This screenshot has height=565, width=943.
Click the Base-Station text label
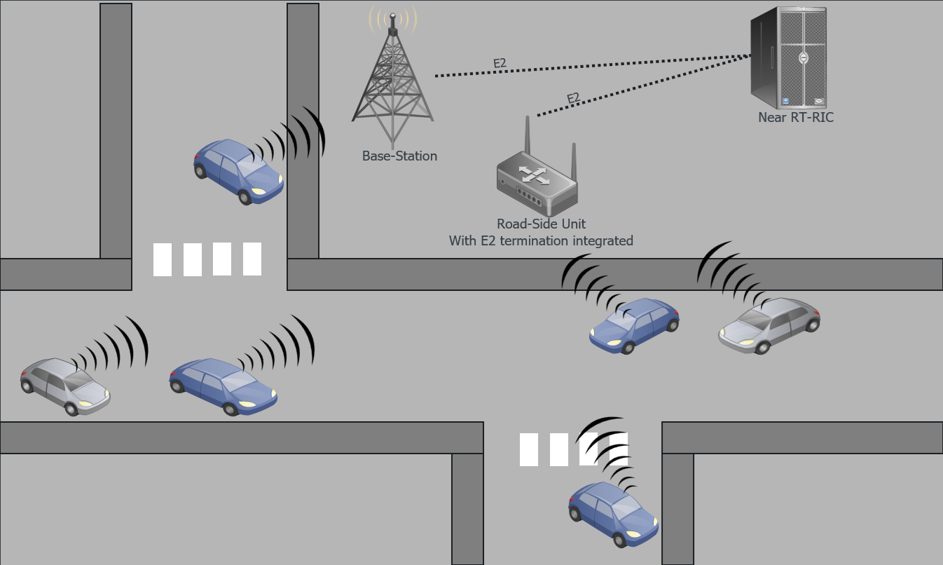(x=399, y=156)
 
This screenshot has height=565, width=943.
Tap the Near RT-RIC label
(x=796, y=118)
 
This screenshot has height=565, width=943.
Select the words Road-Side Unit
(x=541, y=224)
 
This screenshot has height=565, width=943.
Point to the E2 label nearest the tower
(x=500, y=64)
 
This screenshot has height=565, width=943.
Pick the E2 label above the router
(x=573, y=98)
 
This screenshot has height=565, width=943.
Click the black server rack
(x=789, y=57)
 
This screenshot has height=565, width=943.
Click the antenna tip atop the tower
(x=392, y=15)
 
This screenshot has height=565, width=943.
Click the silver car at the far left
(x=65, y=386)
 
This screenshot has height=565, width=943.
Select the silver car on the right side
(x=769, y=325)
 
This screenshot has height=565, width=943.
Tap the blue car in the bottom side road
(x=614, y=513)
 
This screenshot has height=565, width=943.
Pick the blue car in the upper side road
(x=238, y=170)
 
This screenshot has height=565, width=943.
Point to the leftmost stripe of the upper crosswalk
(x=163, y=259)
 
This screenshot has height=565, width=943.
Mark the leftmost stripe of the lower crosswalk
(x=529, y=449)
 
